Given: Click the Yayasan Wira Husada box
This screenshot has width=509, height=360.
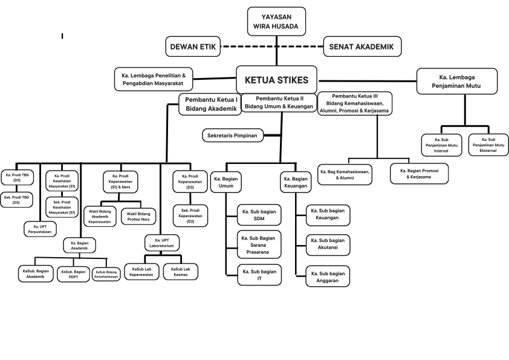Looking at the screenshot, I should pyautogui.click(x=277, y=22).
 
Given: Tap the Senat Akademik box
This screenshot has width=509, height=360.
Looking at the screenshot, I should pyautogui.click(x=361, y=46).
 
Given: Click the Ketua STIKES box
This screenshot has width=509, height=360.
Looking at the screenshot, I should pyautogui.click(x=276, y=80).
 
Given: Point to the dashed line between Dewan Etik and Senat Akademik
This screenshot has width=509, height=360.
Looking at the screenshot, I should pyautogui.click(x=272, y=46).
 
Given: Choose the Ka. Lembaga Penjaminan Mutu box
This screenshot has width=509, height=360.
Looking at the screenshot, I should pyautogui.click(x=457, y=81).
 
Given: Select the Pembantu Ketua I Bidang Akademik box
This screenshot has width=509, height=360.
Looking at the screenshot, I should pyautogui.click(x=210, y=104).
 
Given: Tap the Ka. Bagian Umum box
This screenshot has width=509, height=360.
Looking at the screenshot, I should pyautogui.click(x=226, y=183).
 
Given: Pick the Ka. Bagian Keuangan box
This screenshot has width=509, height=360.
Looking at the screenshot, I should pyautogui.click(x=296, y=183).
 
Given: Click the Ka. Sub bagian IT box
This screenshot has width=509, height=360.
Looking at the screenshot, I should pyautogui.click(x=259, y=275).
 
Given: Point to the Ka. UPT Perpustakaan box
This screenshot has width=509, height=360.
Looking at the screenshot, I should pyautogui.click(x=41, y=229).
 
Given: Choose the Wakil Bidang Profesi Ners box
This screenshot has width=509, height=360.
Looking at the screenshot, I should pyautogui.click(x=138, y=216).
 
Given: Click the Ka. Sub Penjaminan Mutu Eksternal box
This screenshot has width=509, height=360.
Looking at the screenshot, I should pyautogui.click(x=488, y=145).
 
